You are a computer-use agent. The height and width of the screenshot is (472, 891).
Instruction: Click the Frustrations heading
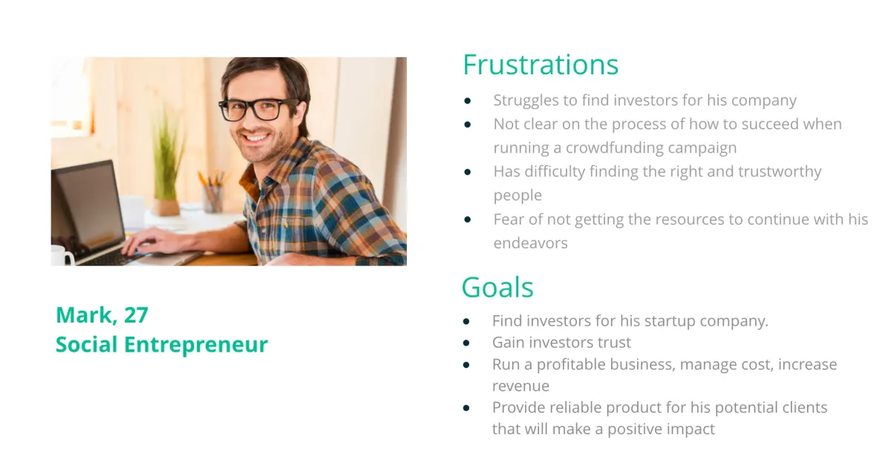coord(541,65)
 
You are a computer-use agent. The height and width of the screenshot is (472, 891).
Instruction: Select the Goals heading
coord(497,287)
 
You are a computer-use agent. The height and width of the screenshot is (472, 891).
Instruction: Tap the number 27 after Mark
coord(136,315)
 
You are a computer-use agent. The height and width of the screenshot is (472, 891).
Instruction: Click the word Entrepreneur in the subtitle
coord(196,344)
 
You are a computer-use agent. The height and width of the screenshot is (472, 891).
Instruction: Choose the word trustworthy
coord(780,172)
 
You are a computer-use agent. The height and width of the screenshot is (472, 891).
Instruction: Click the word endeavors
coord(531,243)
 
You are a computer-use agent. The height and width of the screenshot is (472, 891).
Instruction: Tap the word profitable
coord(571,364)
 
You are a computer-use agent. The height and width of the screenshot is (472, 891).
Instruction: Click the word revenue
coord(520,386)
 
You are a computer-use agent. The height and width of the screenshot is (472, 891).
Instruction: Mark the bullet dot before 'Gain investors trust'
coord(466,343)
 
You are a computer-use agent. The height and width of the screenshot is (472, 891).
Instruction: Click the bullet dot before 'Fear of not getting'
coord(467,219)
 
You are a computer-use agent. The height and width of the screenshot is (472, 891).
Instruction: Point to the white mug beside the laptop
coord(62,255)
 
